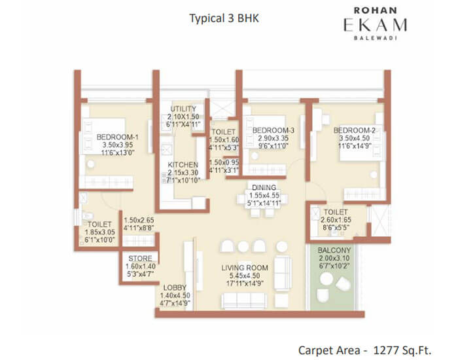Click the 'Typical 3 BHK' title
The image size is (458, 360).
[224, 18]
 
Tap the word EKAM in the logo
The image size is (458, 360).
[376, 25]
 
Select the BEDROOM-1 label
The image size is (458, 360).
[117, 137]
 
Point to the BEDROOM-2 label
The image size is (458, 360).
[355, 130]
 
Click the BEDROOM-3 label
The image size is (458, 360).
[273, 130]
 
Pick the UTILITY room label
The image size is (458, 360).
[183, 109]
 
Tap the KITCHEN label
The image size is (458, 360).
[183, 165]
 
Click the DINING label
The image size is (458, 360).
[264, 188]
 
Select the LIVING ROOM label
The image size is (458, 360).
[245, 268]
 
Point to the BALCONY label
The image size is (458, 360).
[334, 251]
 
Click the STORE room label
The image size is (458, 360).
[140, 259]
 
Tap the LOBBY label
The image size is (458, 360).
[175, 287]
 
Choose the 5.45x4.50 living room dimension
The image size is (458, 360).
[245, 276]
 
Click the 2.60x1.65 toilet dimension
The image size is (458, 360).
[336, 220]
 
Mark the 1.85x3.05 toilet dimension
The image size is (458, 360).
[100, 232]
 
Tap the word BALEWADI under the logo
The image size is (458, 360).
[376, 38]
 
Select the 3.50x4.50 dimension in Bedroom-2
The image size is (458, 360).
[355, 138]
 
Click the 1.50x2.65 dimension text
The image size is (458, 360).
[139, 220]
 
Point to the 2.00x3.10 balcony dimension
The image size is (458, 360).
[334, 259]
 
